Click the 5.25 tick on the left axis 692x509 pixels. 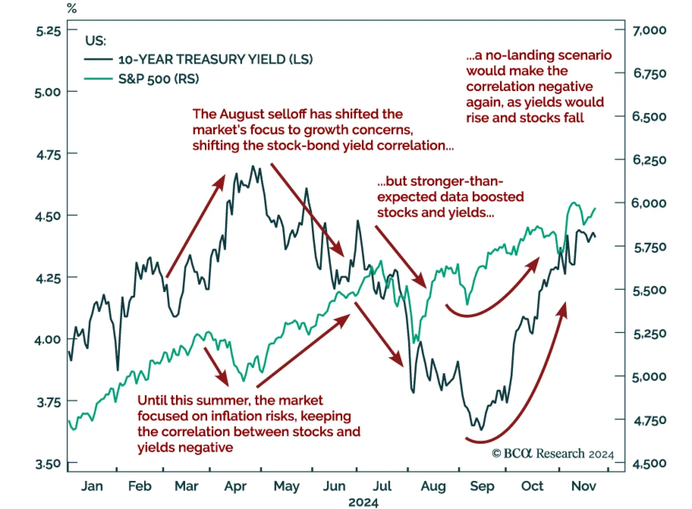pyautogui.click(x=48, y=31)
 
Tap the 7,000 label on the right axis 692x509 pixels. pyautogui.click(x=649, y=30)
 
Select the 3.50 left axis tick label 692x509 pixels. pyautogui.click(x=48, y=464)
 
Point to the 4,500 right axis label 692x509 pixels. pyautogui.click(x=649, y=464)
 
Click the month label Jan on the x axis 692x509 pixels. pyautogui.click(x=92, y=486)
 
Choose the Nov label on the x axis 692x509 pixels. pyautogui.click(x=583, y=486)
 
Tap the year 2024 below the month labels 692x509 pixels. pyautogui.click(x=363, y=503)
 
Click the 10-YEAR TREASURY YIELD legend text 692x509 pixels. pyautogui.click(x=215, y=59)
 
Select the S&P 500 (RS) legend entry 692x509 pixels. pyautogui.click(x=159, y=79)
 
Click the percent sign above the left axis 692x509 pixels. pyautogui.click(x=72, y=8)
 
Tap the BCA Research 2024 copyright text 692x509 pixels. pyautogui.click(x=553, y=453)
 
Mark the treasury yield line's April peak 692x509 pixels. pyautogui.click(x=253, y=166)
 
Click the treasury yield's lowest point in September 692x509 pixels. pyautogui.click(x=481, y=429)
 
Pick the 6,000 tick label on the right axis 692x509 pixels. pyautogui.click(x=649, y=203)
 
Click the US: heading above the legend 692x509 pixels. pyautogui.click(x=96, y=41)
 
